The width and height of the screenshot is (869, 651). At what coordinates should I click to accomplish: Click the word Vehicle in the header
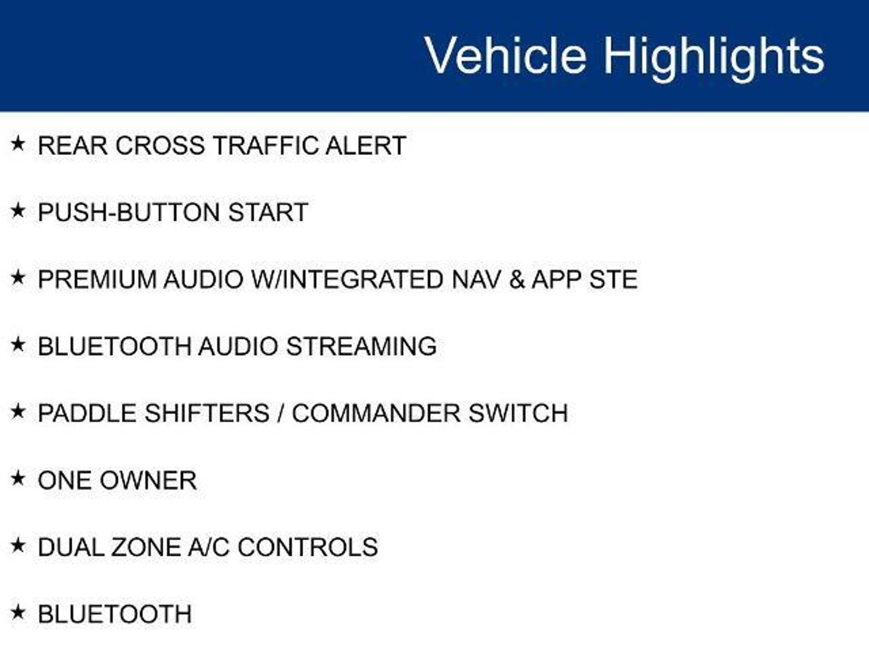[x=505, y=55]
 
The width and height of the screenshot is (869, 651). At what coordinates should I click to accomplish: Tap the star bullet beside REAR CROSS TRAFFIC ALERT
[x=18, y=144]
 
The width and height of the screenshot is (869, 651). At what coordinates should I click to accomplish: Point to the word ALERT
[x=366, y=145]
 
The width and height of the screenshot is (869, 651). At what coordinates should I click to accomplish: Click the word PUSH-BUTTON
[x=129, y=212]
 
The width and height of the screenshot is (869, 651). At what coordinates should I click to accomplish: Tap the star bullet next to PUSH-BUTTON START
[x=18, y=210]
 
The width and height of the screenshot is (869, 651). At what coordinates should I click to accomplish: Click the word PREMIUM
[x=97, y=279]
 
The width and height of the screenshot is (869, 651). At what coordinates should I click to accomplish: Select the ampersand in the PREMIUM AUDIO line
[x=517, y=279]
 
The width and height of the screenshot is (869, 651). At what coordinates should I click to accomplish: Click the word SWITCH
[x=518, y=413]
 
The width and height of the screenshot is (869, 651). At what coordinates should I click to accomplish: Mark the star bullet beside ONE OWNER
[x=18, y=479]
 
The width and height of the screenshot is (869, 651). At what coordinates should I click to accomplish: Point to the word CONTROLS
[x=308, y=547]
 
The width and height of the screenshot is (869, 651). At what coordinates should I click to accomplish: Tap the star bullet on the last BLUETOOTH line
[x=18, y=612]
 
